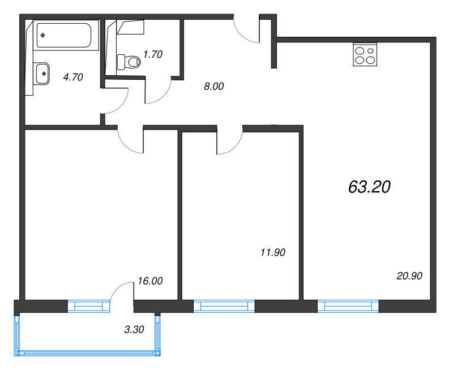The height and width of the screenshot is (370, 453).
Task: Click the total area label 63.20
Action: [x=369, y=187]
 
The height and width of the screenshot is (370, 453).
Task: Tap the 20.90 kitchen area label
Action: [x=409, y=276]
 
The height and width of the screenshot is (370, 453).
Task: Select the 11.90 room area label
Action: [x=273, y=252]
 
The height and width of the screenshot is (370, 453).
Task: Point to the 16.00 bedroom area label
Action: [x=150, y=281]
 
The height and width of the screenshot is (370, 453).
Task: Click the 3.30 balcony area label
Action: [x=134, y=329]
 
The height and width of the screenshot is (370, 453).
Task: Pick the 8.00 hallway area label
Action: [x=214, y=87]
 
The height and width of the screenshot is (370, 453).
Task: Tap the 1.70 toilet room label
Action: [x=153, y=54]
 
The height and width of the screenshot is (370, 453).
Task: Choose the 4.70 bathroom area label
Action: [x=73, y=77]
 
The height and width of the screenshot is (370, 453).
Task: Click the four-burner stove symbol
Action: [x=365, y=54]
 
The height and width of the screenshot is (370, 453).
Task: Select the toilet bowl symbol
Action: [x=129, y=62]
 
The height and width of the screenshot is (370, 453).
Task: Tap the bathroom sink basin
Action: [x=42, y=74]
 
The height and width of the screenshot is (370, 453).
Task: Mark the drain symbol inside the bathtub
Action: [x=43, y=35]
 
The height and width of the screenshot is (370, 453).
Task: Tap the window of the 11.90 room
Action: [x=224, y=306]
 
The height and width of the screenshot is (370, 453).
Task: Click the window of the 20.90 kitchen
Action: [x=348, y=306]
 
